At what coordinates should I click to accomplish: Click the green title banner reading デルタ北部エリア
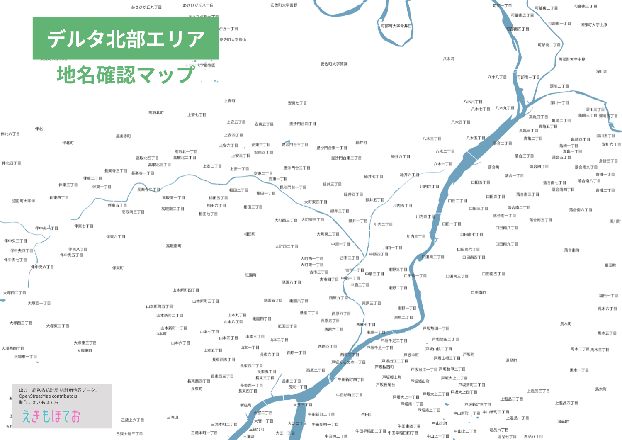point(126,39)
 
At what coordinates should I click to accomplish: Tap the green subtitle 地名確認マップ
point(126,75)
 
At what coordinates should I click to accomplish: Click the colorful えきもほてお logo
point(51,416)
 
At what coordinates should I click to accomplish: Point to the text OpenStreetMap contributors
point(48,396)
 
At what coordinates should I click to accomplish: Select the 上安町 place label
point(229,101)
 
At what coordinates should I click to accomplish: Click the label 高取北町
point(156,113)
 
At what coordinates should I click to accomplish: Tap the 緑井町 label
point(361,143)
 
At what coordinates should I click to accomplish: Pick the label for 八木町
point(448,59)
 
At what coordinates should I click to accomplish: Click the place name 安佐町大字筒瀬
point(334,64)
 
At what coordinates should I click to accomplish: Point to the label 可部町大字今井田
point(396,26)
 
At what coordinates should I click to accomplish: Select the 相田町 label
point(250,234)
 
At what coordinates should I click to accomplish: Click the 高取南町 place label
point(174,246)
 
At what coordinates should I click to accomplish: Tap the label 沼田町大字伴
point(24,201)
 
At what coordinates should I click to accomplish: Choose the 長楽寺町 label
point(123,136)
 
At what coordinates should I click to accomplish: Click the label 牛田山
point(367,415)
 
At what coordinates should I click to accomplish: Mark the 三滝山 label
point(173,417)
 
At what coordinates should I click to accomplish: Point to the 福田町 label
point(610,265)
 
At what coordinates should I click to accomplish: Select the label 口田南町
point(478,293)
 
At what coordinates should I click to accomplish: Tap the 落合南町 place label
point(571,250)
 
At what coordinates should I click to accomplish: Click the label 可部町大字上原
point(593,25)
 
